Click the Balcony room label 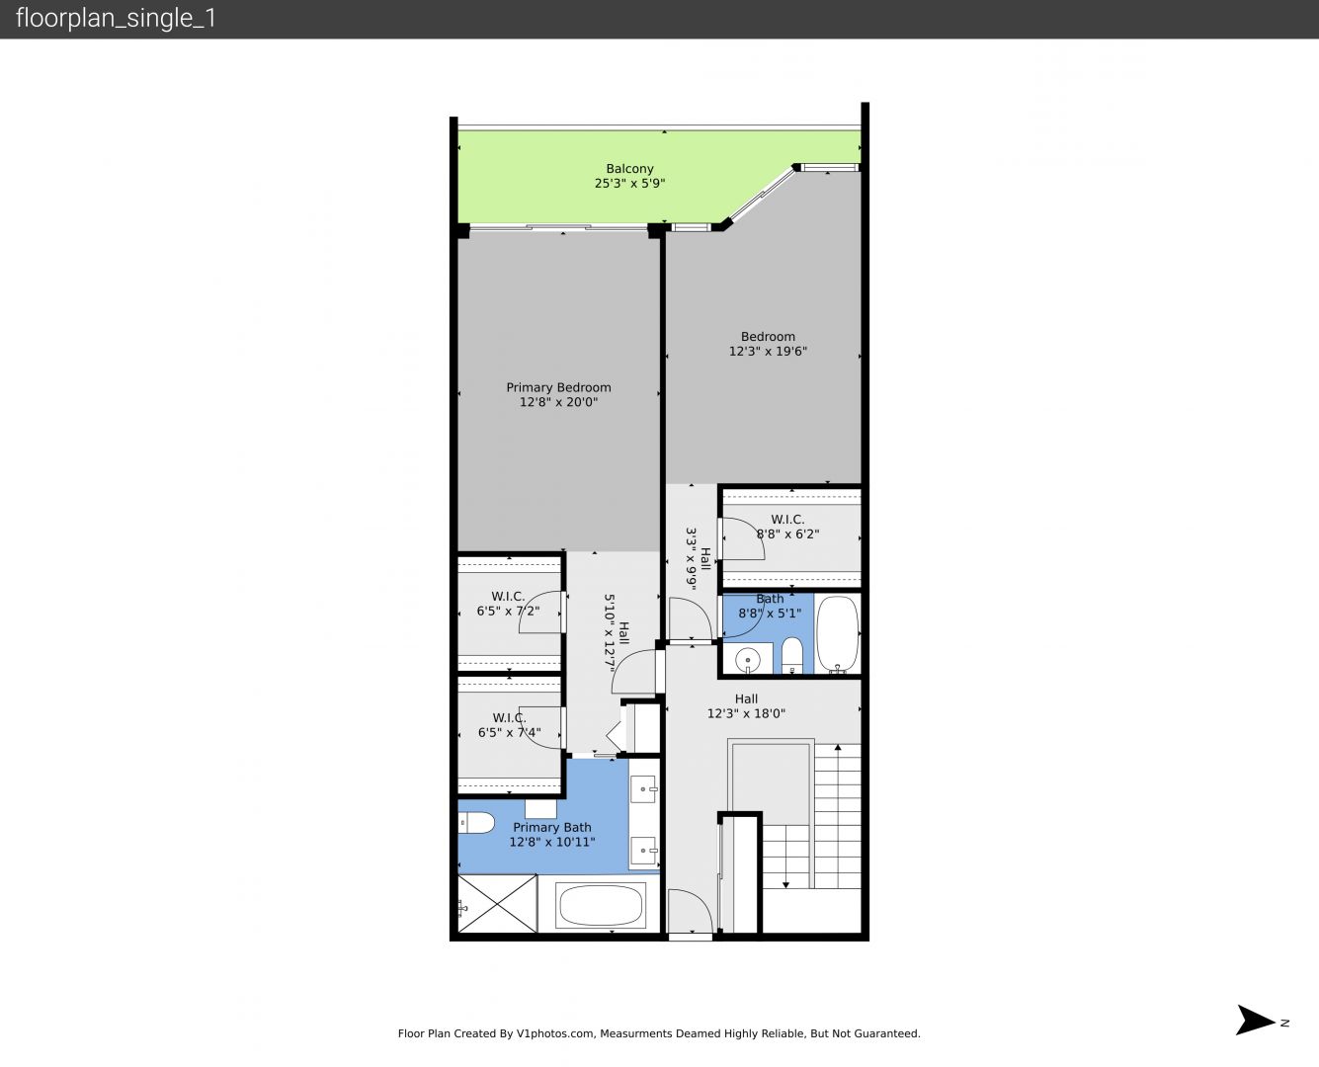coord(629,168)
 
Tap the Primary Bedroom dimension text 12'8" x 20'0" coord(558,402)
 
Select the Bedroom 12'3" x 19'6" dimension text coord(768,351)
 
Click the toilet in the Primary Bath coord(476,823)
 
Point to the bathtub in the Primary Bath coord(600,905)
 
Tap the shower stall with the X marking coord(497,903)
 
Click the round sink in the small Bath coord(748,659)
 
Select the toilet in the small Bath coord(792,656)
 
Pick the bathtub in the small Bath coord(837,634)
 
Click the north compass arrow coord(1255,1020)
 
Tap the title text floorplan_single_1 coord(116,18)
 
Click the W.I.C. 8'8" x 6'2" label coord(787,527)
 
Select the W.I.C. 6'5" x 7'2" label coord(508,604)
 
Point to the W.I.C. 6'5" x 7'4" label coord(509,725)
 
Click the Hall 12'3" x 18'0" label coord(746,706)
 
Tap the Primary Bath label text coord(551,827)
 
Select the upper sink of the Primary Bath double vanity coord(644,789)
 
